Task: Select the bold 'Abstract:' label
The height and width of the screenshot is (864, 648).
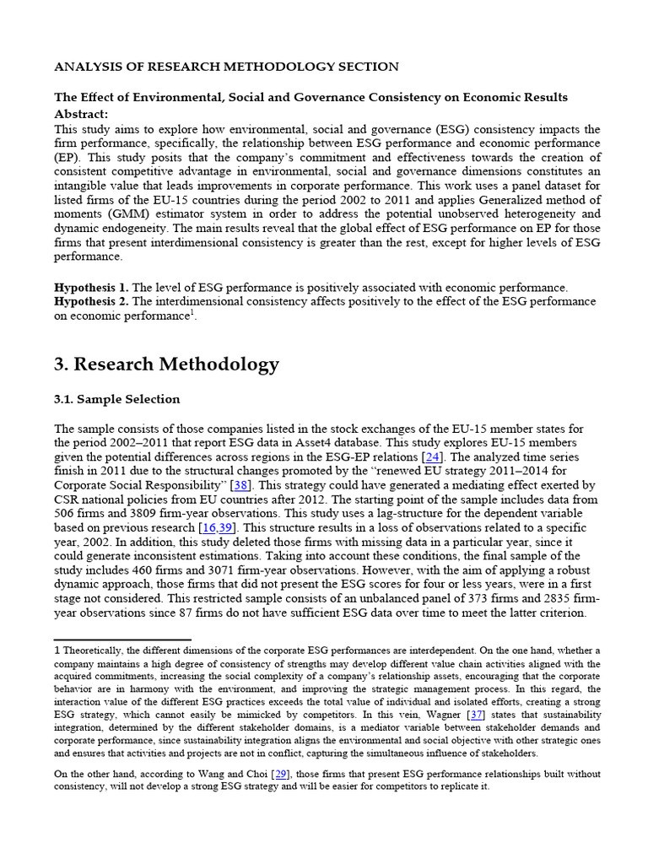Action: [81, 114]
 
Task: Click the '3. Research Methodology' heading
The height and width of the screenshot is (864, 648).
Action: [166, 364]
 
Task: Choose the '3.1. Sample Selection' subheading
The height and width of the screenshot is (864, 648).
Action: [116, 399]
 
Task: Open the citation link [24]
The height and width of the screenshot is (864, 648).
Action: [434, 456]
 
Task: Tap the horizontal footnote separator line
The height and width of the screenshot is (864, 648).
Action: [122, 640]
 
